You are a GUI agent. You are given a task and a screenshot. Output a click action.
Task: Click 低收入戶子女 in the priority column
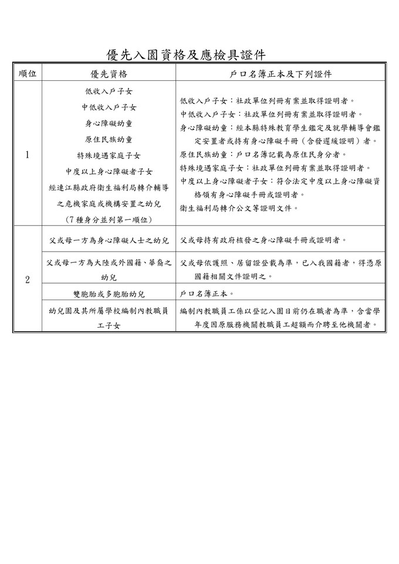point(109,91)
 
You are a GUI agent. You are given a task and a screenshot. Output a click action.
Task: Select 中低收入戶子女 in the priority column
point(109,107)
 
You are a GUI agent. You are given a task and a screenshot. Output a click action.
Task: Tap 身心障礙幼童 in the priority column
point(109,123)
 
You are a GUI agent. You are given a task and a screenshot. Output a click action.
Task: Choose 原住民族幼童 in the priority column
point(109,139)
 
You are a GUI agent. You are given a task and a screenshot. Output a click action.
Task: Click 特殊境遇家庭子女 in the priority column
point(109,155)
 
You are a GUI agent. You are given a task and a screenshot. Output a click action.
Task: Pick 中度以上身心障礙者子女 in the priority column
point(109,171)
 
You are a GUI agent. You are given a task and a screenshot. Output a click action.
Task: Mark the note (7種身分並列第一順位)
point(109,219)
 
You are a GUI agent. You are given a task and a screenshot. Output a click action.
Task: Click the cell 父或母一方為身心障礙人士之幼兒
point(109,240)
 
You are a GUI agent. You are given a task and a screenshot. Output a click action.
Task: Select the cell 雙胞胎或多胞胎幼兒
point(109,293)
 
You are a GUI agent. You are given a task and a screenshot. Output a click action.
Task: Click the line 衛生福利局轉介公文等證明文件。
point(239,207)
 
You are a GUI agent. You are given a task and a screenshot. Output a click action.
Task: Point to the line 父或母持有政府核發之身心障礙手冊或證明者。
point(263,240)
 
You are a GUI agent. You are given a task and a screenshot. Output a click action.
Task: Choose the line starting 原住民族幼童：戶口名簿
point(263,154)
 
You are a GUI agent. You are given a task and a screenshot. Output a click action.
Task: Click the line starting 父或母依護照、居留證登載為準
point(281,264)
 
